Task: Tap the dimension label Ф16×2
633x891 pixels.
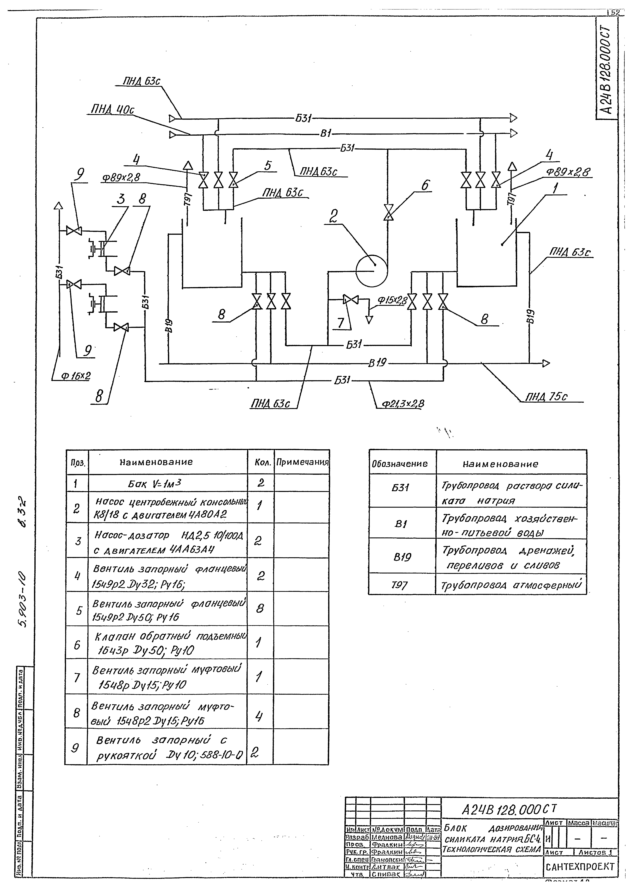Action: click(x=76, y=375)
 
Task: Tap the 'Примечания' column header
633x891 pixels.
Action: click(x=302, y=463)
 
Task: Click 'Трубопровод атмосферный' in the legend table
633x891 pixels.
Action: click(x=511, y=586)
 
